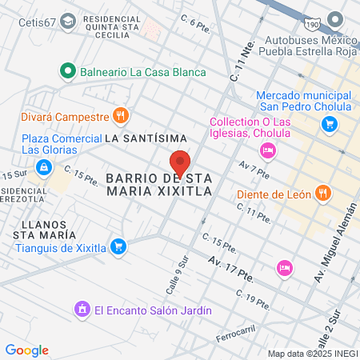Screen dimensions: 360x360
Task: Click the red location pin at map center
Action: pyautogui.click(x=180, y=162)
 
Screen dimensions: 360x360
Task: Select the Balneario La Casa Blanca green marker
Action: pyautogui.click(x=69, y=71)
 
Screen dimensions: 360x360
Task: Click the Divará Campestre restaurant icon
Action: pyautogui.click(x=121, y=116)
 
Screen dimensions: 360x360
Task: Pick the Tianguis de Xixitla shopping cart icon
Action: pyautogui.click(x=118, y=246)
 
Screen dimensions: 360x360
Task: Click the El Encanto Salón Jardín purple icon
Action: pyautogui.click(x=82, y=309)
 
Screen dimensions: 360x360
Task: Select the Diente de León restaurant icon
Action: pyautogui.click(x=323, y=193)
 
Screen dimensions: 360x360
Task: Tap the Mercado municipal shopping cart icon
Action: pyautogui.click(x=328, y=124)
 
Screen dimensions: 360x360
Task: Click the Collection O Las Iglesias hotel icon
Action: pyautogui.click(x=268, y=150)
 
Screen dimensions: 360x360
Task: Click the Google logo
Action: pyautogui.click(x=26, y=350)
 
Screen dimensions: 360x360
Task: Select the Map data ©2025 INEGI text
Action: pyautogui.click(x=311, y=353)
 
